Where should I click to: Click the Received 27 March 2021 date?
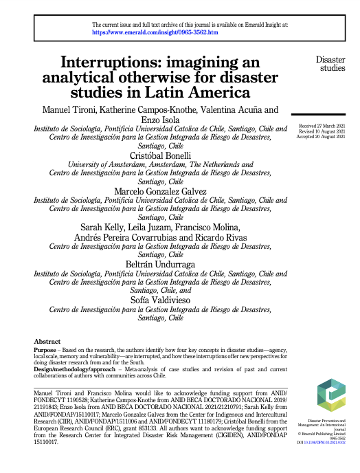(322, 127)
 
